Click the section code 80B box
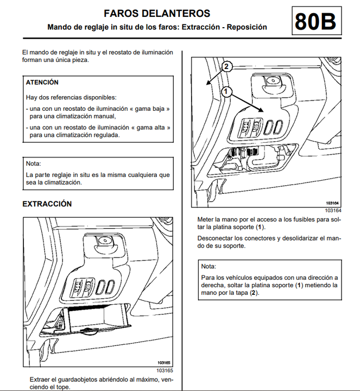[x=315, y=21]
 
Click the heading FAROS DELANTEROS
[x=157, y=14]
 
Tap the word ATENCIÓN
[x=42, y=83]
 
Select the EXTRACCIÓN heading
[x=47, y=204]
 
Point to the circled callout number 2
[x=227, y=67]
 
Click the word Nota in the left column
[x=34, y=163]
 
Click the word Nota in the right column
[x=209, y=266]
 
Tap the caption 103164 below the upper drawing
[x=333, y=210]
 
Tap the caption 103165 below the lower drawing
[x=165, y=370]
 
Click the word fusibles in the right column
[x=303, y=220]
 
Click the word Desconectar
[x=216, y=238]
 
